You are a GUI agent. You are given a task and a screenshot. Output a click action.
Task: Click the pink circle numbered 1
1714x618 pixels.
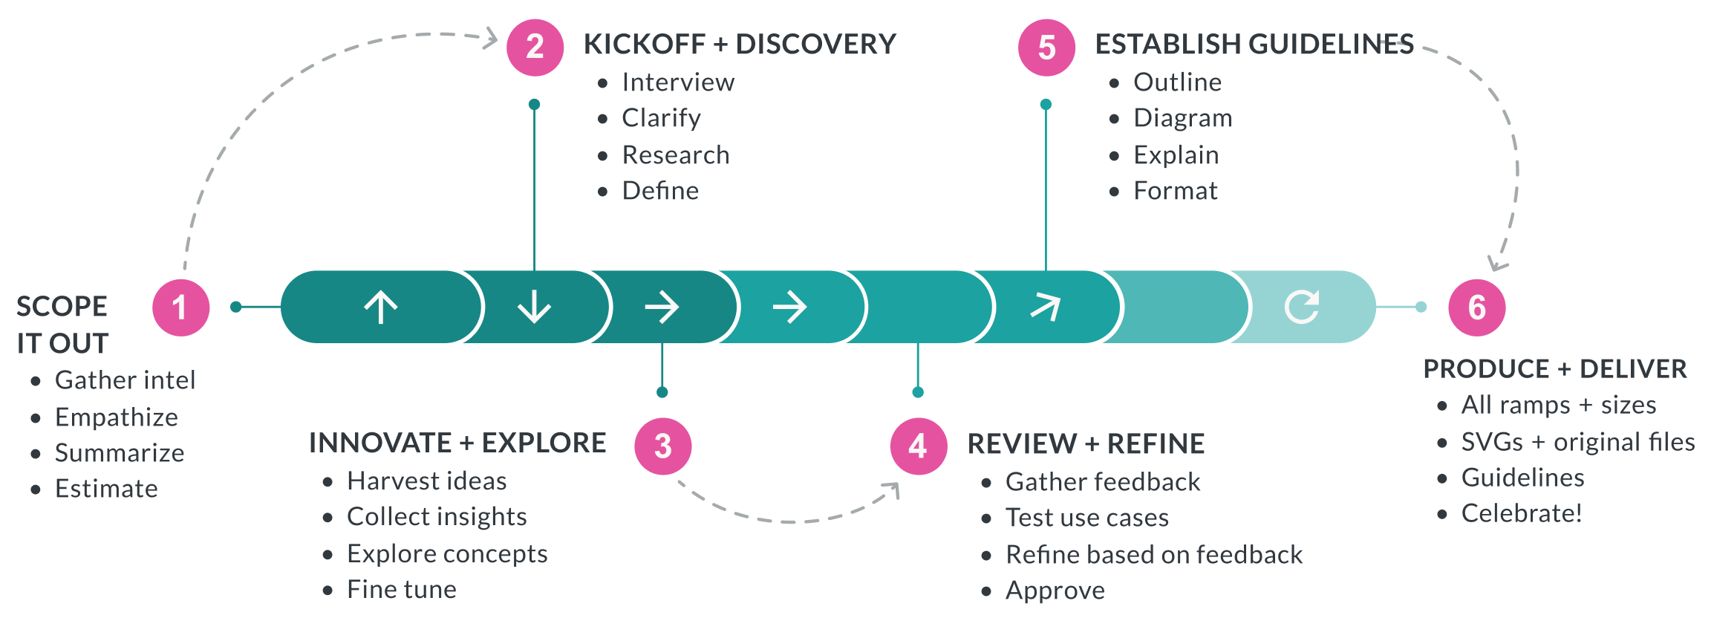coord(180,308)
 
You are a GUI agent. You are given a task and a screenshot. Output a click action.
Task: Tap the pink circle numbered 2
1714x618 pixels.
coord(535,48)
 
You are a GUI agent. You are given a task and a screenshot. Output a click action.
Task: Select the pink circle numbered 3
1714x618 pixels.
coord(662,446)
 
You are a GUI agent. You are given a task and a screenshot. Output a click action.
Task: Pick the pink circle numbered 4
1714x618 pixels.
coord(919,446)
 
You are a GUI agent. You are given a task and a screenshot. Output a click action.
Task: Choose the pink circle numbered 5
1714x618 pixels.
coord(1046,48)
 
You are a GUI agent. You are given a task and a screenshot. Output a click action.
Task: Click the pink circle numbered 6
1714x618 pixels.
coord(1476,308)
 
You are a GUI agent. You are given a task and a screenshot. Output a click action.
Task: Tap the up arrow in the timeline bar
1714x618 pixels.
coord(381,307)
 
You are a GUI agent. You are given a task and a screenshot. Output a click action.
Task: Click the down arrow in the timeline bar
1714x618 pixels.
coord(534,307)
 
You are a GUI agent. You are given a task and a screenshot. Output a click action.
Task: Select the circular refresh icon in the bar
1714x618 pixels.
coord(1302,307)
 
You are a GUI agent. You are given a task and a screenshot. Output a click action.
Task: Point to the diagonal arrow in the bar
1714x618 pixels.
coord(1046,307)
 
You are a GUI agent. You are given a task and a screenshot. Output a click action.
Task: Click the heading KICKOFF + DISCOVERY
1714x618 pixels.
coord(740,45)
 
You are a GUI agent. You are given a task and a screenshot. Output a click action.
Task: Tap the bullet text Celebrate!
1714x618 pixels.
coord(1521,513)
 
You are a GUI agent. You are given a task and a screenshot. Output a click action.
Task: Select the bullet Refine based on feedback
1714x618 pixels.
coord(1153,555)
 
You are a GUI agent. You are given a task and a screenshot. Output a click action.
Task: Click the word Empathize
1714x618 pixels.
coord(116,417)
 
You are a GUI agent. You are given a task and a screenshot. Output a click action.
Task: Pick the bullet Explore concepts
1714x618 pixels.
coord(446,554)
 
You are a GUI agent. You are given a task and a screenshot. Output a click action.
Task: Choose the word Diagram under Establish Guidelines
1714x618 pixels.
coord(1182,118)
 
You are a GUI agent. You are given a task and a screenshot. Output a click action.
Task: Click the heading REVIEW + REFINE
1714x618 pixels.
coord(1086,444)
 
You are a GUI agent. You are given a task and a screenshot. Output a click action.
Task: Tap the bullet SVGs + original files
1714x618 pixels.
coord(1577,442)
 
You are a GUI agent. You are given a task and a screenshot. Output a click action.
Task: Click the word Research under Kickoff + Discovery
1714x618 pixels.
coord(675,155)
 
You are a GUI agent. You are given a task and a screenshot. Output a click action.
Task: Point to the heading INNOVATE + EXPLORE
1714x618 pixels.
coord(457,443)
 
